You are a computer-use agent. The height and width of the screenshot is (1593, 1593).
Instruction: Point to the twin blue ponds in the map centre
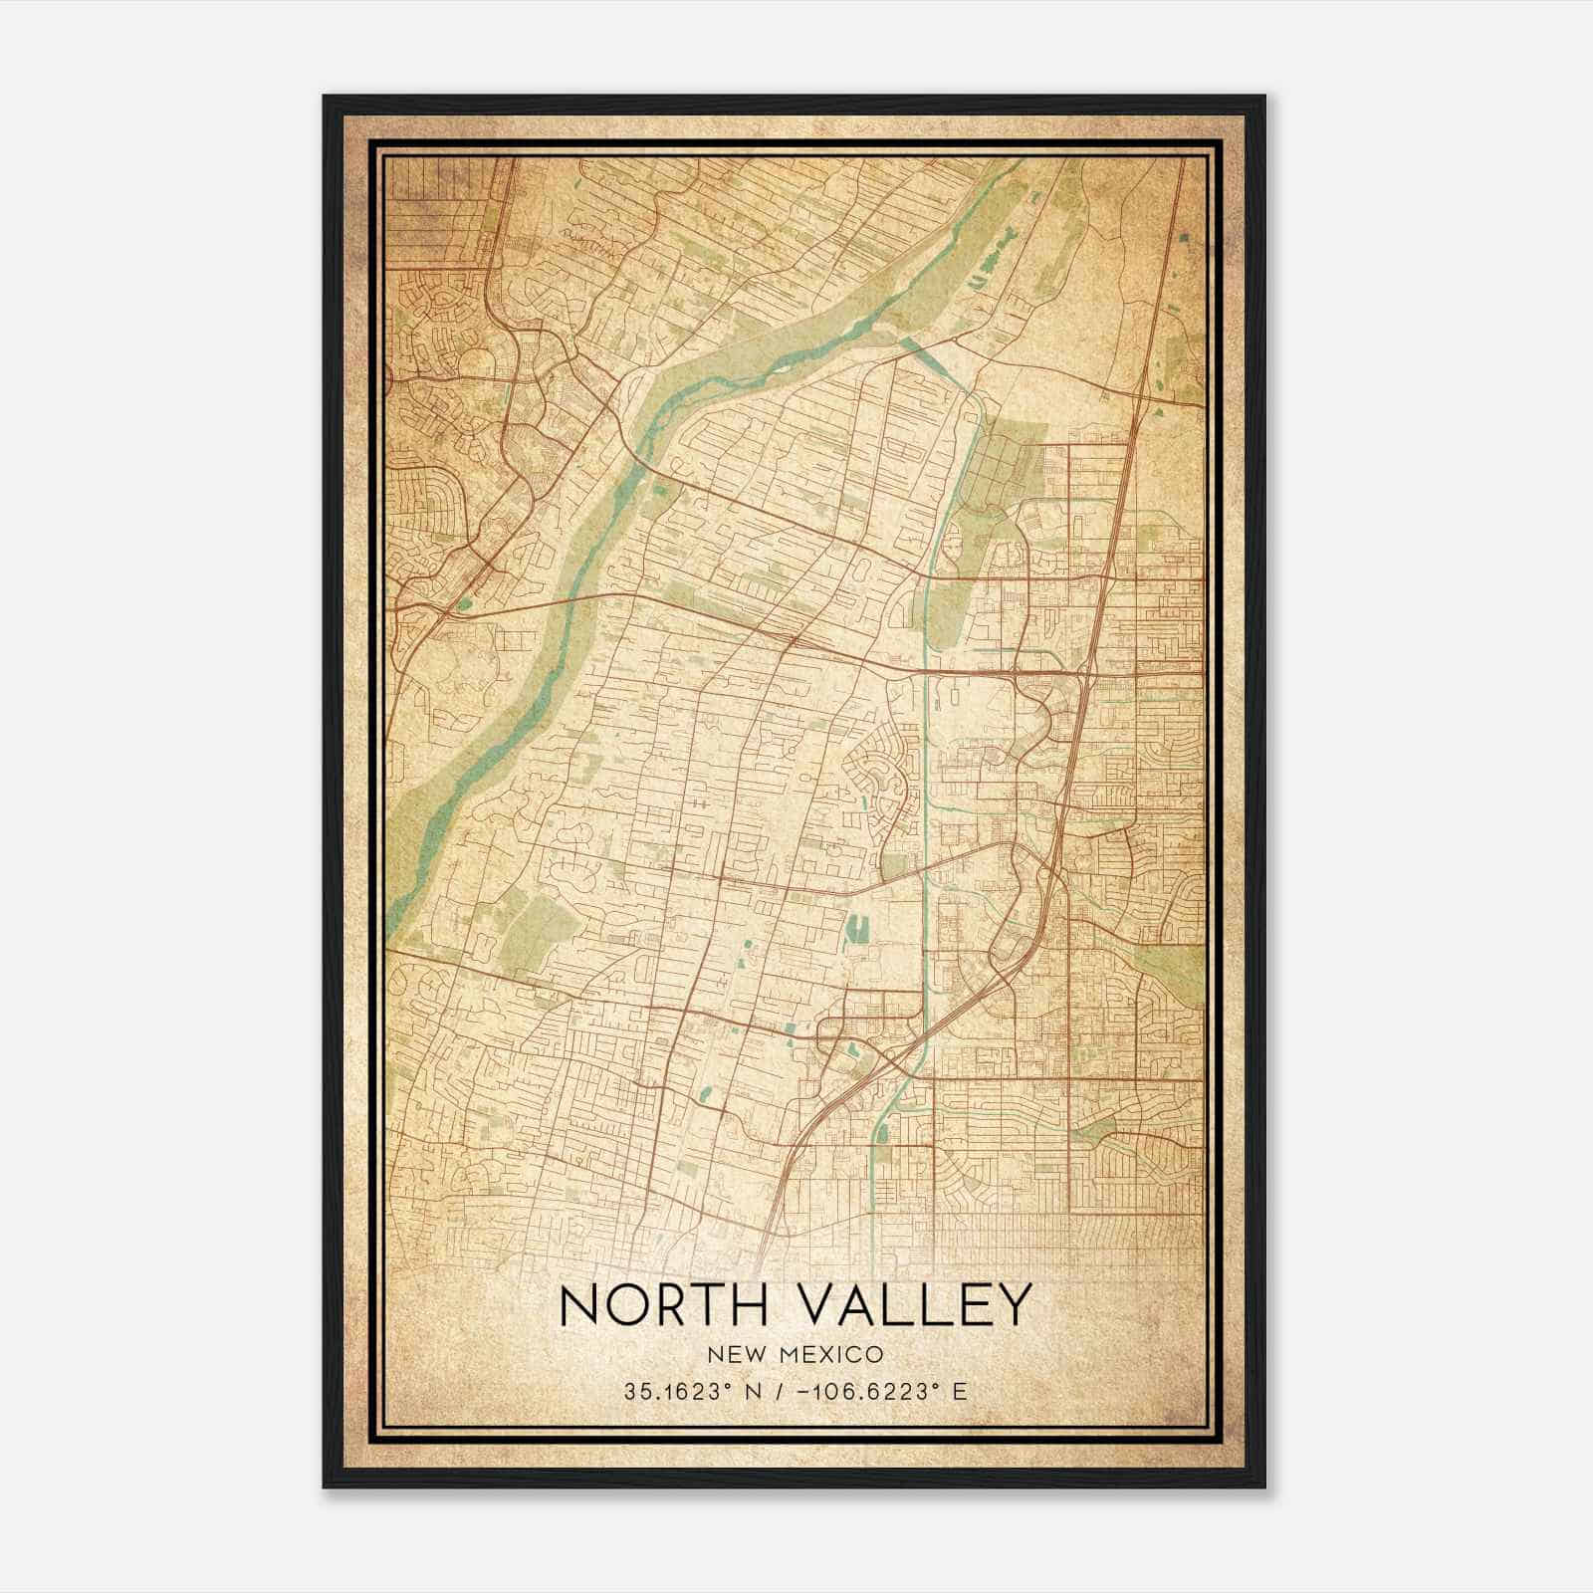pyautogui.click(x=853, y=931)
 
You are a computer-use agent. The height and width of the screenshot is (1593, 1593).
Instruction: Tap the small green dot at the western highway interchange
pyautogui.click(x=465, y=602)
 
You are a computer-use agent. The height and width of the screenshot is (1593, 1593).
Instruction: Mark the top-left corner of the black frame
pyautogui.click(x=325, y=97)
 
